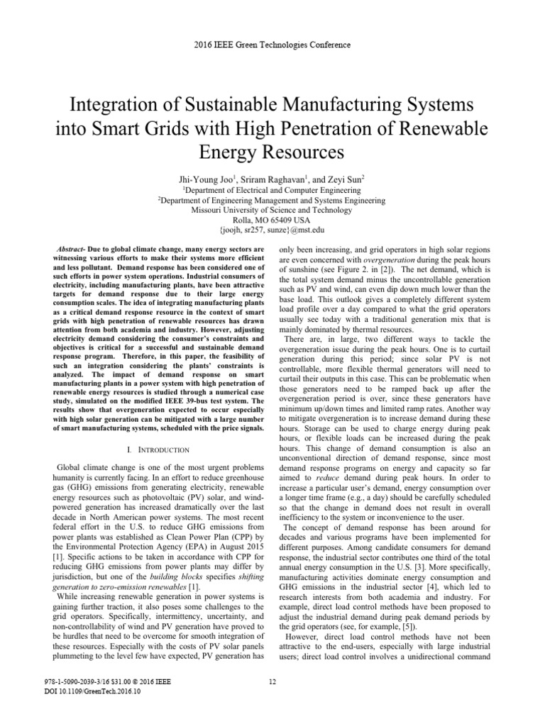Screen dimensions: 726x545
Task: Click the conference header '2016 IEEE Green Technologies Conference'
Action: click(272, 45)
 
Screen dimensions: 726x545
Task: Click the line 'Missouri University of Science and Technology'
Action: click(272, 211)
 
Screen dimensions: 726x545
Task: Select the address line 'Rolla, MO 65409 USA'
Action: click(272, 220)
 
